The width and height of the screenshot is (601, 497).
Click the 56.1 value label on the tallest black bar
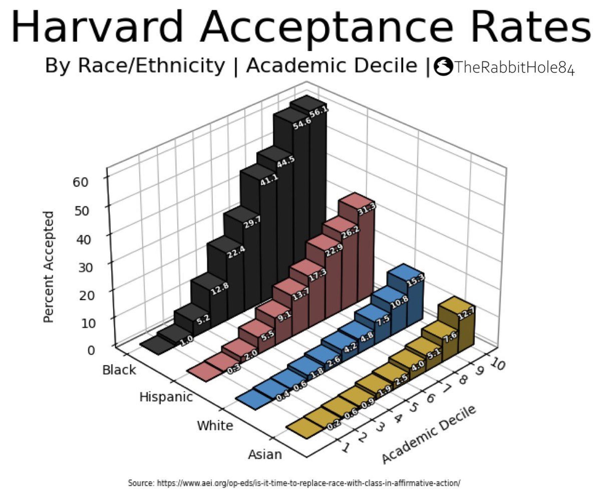point(319,112)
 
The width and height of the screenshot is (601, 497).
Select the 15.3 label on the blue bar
point(415,280)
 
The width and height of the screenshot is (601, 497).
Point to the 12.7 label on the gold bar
point(466,313)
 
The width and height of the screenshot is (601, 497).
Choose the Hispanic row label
point(166,397)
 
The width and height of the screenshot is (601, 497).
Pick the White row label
point(215,426)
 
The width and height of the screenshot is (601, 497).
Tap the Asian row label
point(265,455)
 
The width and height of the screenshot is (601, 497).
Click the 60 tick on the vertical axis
point(80,182)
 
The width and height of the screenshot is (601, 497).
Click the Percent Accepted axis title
point(49,267)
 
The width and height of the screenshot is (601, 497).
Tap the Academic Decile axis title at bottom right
point(429,434)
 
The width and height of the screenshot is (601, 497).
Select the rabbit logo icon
point(443,66)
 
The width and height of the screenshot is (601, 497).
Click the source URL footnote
point(294,483)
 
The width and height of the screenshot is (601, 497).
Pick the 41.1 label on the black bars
point(269,180)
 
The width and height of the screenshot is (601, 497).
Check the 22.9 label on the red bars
point(334,250)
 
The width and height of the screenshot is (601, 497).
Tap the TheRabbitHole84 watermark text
point(514,67)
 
